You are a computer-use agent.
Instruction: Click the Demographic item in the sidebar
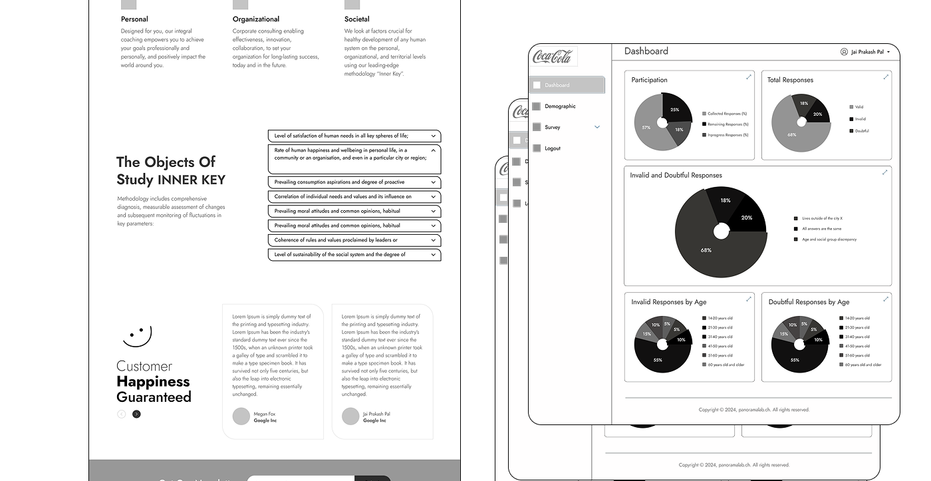(x=559, y=106)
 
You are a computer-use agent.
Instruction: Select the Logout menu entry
(x=552, y=148)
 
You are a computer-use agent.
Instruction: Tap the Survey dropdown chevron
(x=597, y=127)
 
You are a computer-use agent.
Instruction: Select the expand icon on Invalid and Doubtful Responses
(x=884, y=172)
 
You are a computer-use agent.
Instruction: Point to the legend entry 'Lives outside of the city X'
(x=822, y=218)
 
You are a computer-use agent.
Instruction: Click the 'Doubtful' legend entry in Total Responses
(x=861, y=130)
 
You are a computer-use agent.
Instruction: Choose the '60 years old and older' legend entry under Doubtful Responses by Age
(x=863, y=365)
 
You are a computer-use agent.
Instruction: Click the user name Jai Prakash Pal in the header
(x=867, y=52)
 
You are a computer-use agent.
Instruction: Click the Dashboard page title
(x=646, y=51)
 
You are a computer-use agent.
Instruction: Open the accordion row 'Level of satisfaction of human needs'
(x=354, y=136)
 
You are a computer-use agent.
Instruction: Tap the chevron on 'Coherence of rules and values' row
(x=434, y=240)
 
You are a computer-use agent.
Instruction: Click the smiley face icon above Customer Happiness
(x=138, y=335)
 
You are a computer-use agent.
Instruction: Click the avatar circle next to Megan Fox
(x=241, y=416)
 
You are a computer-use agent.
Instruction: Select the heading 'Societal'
(x=357, y=19)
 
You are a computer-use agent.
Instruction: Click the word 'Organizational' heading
(x=256, y=19)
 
